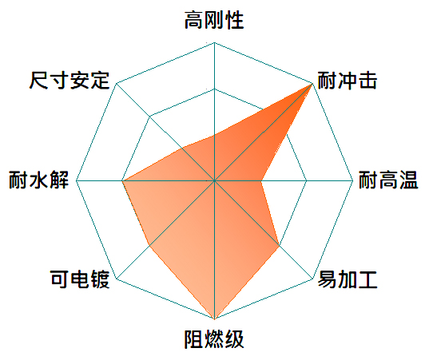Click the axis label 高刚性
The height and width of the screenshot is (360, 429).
[x=214, y=20]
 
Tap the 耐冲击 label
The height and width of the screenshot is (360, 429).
[x=348, y=81]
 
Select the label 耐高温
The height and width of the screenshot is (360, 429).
[x=388, y=180]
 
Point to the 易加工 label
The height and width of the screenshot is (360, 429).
[x=348, y=279]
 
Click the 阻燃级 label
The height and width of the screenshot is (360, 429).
[x=214, y=339]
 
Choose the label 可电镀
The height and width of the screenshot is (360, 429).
[x=80, y=279]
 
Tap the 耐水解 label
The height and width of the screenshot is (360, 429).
[x=38, y=180]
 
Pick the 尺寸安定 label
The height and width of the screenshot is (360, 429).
[x=70, y=81]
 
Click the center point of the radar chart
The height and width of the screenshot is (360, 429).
[x=214, y=180]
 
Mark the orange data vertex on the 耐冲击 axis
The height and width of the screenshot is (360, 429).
[x=312, y=84]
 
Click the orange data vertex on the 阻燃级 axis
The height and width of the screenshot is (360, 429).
[x=214, y=318]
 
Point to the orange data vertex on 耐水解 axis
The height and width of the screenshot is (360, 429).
[x=122, y=180]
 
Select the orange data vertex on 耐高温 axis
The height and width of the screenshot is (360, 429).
[x=260, y=180]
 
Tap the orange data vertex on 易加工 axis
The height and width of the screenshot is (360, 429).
[x=279, y=245]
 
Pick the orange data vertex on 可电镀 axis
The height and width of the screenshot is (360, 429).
[x=149, y=246]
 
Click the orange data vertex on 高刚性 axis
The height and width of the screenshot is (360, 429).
[x=214, y=134]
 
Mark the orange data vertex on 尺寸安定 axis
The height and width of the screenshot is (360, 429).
[x=182, y=148]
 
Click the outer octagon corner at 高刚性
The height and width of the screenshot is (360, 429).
[x=214, y=42]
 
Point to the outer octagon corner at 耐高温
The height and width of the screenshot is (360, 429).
[x=353, y=180]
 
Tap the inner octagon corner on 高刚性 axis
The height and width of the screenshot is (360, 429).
[x=214, y=89]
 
